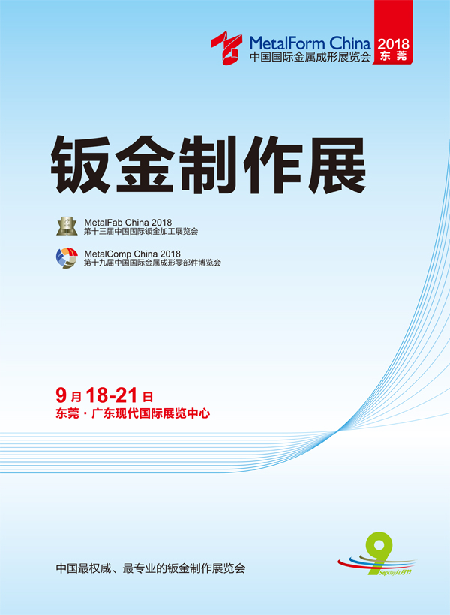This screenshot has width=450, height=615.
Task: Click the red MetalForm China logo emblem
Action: tap(226, 47)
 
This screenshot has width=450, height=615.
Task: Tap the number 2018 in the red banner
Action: tap(393, 44)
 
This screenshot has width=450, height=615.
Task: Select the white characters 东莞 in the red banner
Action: tap(393, 56)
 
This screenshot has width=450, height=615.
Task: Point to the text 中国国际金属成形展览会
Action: tap(310, 57)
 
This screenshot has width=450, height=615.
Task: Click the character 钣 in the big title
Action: tap(81, 165)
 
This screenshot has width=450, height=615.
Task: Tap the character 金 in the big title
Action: tap(145, 165)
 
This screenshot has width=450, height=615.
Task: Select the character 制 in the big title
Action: tap(208, 165)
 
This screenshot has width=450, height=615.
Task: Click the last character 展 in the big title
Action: tap(336, 165)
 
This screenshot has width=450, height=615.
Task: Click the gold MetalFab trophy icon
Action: tap(67, 226)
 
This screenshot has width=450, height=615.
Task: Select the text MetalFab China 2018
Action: tap(128, 223)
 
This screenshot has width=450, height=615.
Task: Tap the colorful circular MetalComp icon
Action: tap(67, 258)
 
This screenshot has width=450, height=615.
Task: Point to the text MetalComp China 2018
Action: tap(132, 253)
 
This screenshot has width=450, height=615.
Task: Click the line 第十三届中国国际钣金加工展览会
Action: tap(141, 232)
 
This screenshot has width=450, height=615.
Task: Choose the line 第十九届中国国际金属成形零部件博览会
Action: tap(152, 262)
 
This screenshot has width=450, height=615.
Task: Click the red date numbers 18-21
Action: tap(111, 395)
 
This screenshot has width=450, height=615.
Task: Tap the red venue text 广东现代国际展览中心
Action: tap(151, 413)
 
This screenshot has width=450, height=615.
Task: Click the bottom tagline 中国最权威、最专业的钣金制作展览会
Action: tap(151, 568)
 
